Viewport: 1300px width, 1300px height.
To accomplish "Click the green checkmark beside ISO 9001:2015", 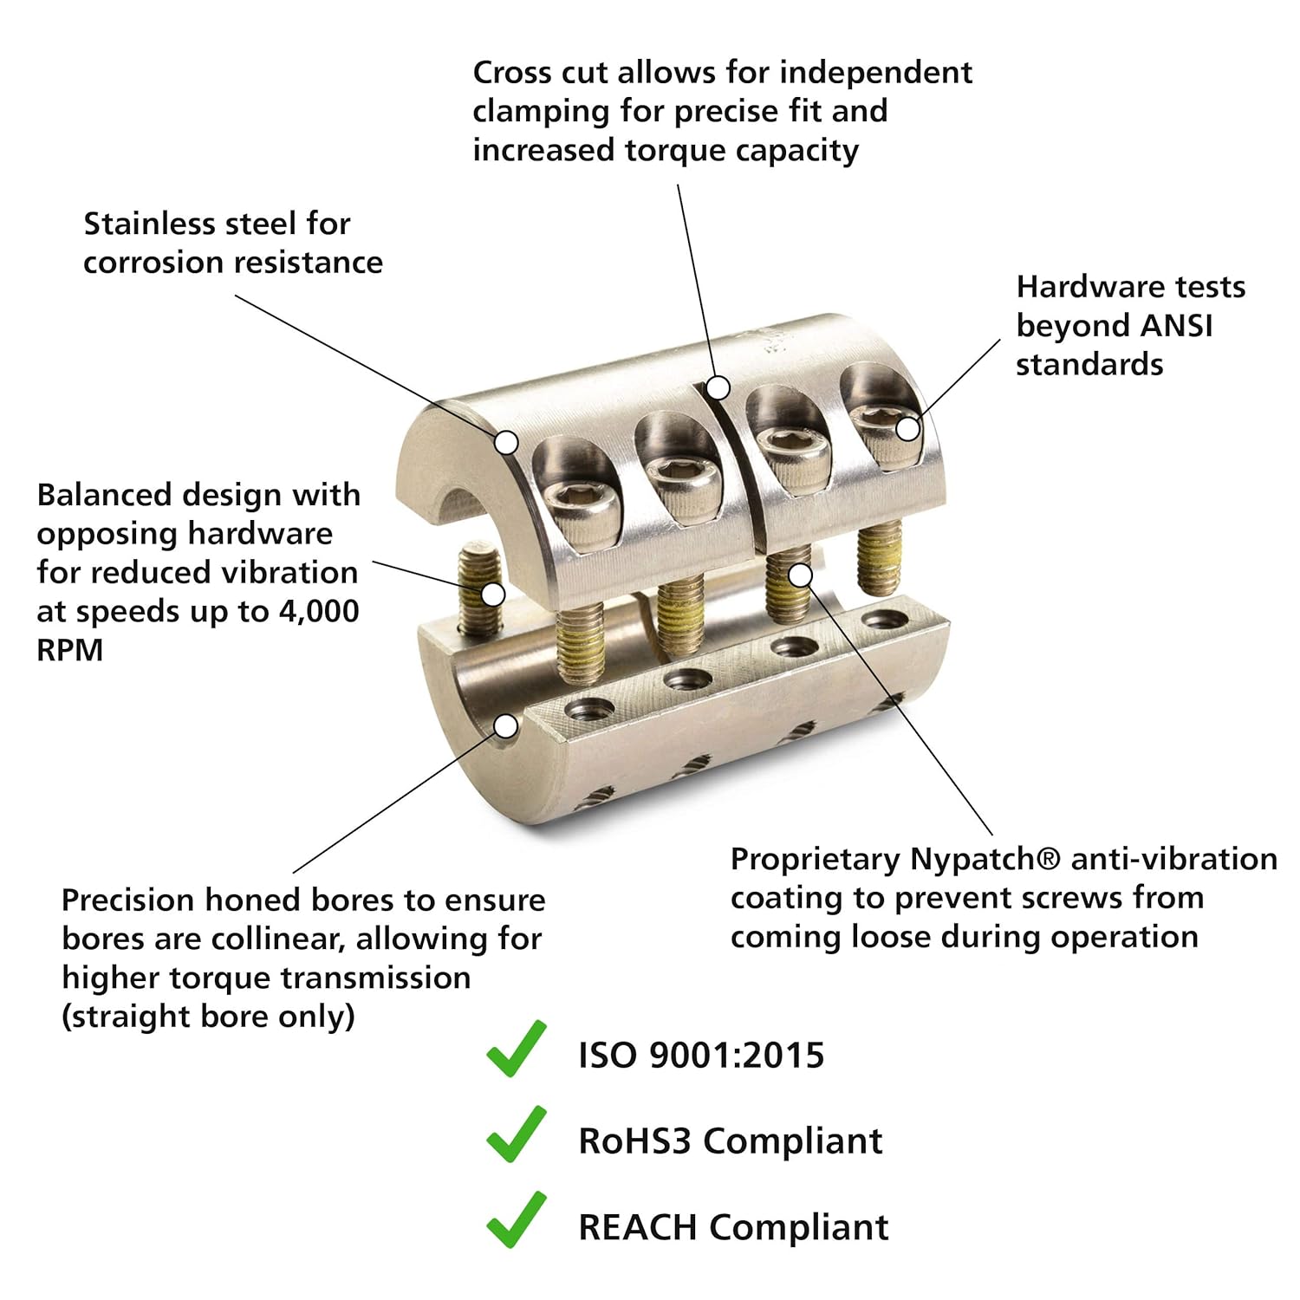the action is click(517, 1050).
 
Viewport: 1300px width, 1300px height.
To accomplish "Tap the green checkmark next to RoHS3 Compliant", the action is click(517, 1134).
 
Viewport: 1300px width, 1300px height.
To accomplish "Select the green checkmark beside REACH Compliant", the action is click(517, 1220).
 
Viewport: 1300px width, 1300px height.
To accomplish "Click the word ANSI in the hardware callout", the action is click(1177, 326).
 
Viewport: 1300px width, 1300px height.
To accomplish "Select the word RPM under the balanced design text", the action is click(70, 649).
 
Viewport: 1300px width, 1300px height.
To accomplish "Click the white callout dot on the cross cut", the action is click(718, 387).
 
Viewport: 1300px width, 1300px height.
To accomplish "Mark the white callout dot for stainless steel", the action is click(507, 443).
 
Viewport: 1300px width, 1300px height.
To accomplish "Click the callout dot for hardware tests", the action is click(907, 428).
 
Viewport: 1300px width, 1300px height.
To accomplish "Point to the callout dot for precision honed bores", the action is click(506, 725).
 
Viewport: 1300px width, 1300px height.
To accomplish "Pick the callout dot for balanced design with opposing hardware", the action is click(493, 595).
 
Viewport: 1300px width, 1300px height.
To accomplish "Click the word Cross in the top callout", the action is click(512, 73).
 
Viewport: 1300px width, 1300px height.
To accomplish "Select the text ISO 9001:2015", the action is click(701, 1056).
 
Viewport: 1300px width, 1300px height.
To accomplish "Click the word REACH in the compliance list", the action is click(638, 1227).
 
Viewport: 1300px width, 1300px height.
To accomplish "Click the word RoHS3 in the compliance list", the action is click(634, 1141).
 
